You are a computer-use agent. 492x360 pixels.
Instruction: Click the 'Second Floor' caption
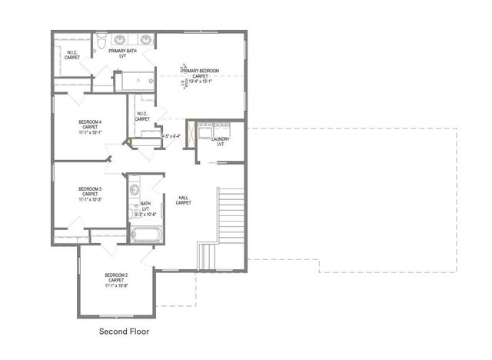(124, 332)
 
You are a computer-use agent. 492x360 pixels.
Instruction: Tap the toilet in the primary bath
(101, 39)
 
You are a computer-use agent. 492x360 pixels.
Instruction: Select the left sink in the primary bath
(122, 38)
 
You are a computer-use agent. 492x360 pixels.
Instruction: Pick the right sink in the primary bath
(146, 38)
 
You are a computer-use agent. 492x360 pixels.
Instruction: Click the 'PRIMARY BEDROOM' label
(201, 71)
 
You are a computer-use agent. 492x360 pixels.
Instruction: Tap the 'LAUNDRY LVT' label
(220, 142)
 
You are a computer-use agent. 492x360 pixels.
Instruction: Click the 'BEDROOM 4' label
(90, 122)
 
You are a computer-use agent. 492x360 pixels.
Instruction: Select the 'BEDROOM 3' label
(90, 188)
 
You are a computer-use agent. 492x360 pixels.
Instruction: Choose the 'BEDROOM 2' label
(117, 275)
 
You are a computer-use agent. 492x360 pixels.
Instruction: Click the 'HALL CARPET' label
(184, 199)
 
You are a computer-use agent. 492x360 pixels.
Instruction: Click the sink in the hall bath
(134, 188)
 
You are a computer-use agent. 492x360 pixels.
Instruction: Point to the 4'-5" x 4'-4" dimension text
(171, 136)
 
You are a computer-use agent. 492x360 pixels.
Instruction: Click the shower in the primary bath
(134, 81)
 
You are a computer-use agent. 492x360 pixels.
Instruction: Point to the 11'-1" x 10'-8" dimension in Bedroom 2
(117, 285)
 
